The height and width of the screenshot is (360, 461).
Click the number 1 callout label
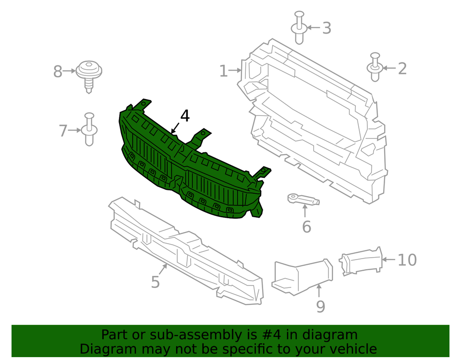[x=223, y=71]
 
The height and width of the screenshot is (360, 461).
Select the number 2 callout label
[x=402, y=68]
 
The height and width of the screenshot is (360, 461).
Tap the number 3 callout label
[x=327, y=28]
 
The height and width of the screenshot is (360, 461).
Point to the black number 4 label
[x=185, y=116]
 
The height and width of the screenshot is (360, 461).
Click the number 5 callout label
[x=155, y=282]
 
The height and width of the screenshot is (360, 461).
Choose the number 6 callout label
[x=306, y=226]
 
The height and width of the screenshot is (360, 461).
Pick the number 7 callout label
[x=63, y=130]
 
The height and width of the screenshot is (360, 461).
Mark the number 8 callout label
[x=58, y=72]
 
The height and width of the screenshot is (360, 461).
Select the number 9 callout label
[x=320, y=306]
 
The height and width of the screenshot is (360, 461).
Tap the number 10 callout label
[x=407, y=260]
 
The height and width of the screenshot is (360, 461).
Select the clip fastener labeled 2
[x=375, y=68]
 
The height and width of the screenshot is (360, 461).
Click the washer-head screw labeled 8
[x=89, y=74]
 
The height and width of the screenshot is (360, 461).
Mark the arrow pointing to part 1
[x=235, y=71]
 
